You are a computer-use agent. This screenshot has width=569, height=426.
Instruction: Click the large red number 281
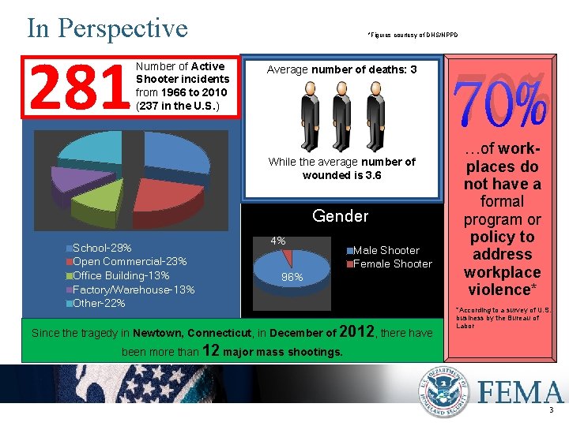point(78,88)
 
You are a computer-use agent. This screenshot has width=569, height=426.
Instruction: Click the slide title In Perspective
point(107,28)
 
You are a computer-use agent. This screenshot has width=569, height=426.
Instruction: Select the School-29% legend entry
point(102,248)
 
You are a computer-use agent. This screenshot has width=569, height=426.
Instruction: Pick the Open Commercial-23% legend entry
point(130,262)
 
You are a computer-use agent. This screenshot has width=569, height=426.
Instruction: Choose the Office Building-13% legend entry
point(121,275)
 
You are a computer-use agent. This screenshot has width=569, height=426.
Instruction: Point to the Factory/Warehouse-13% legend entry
point(134,290)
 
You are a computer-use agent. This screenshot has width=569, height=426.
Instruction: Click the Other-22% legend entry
point(99,303)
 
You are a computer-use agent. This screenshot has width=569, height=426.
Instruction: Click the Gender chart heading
point(341,216)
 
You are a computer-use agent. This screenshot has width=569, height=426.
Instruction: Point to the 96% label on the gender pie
point(293,278)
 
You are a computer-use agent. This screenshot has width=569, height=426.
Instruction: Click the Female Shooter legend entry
point(392,263)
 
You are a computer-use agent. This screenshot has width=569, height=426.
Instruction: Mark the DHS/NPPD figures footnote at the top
point(412,34)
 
